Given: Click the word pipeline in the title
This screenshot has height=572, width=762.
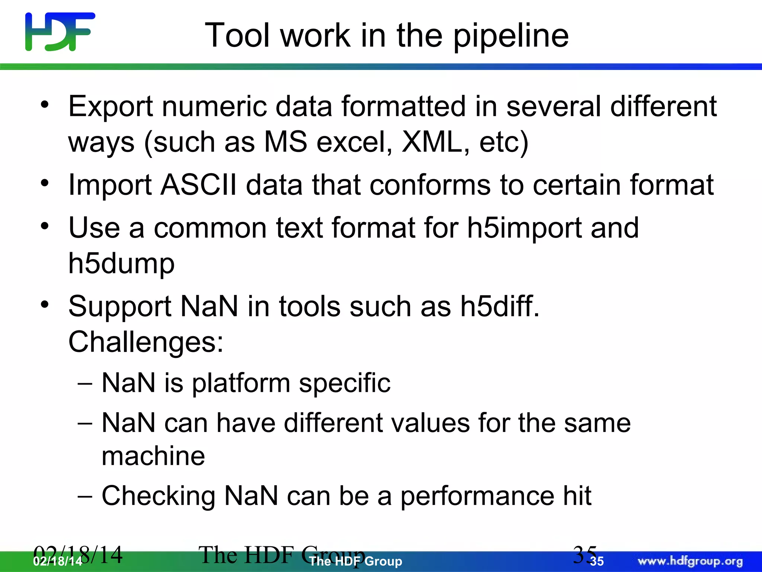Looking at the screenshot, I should [x=510, y=36].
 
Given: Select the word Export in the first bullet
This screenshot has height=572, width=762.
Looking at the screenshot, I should [x=111, y=107].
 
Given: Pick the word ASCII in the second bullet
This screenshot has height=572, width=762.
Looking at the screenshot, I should [x=199, y=185].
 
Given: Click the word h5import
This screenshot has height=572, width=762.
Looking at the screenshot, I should [x=524, y=228].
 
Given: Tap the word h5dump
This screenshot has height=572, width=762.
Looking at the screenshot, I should [x=121, y=264].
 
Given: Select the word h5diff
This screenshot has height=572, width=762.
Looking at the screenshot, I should [x=499, y=306].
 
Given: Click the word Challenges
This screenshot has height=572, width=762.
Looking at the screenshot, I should [x=145, y=342].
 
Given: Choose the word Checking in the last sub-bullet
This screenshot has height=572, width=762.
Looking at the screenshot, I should [x=159, y=496].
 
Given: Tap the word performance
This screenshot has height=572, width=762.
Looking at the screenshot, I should [x=477, y=497].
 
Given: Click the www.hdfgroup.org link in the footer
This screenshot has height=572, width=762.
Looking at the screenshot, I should [x=690, y=561].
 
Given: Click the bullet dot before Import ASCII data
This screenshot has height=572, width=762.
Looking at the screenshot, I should [x=45, y=183].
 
